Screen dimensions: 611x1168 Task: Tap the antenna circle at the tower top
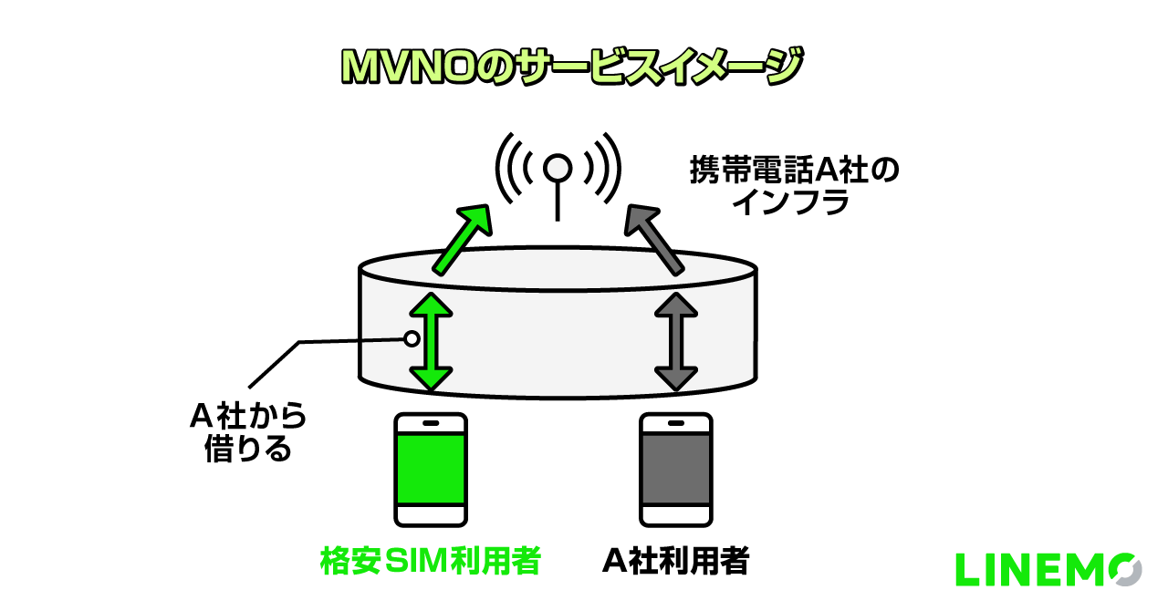(x=558, y=168)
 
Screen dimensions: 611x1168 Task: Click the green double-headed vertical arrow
(x=431, y=342)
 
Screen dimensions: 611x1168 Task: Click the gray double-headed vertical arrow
(x=676, y=342)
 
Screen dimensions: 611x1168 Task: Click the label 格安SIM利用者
(x=431, y=561)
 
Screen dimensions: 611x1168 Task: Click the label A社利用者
(x=676, y=561)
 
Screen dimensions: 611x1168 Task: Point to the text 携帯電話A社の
(x=793, y=171)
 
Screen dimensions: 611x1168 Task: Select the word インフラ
(x=791, y=202)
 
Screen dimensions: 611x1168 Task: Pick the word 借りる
(x=248, y=449)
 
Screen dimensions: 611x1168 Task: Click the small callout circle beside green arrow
(x=412, y=338)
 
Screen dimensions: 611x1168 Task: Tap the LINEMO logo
(x=1048, y=570)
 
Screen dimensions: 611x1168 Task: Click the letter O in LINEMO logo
(x=1122, y=570)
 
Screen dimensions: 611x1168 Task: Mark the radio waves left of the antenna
(x=512, y=168)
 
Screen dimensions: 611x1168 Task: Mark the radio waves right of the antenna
(x=604, y=168)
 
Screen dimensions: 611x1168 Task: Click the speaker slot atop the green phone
(x=431, y=424)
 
